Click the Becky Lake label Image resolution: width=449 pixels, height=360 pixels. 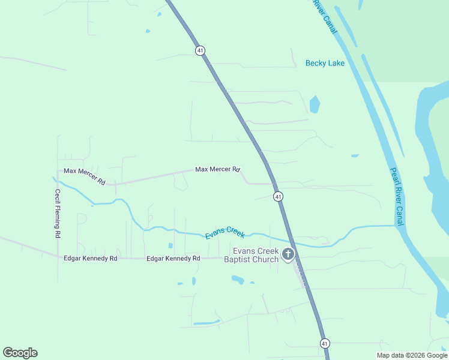tap(325, 63)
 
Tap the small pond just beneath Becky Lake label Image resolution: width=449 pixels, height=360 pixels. tap(315, 104)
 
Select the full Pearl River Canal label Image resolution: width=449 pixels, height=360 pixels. tap(397, 196)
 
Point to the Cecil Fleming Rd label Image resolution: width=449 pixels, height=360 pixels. tap(58, 214)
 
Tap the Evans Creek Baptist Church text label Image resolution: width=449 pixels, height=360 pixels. tap(252, 255)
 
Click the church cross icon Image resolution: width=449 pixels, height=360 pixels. tap(288, 255)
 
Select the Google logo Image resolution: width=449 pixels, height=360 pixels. tap(20, 353)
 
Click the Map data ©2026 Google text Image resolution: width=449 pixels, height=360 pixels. tap(412, 355)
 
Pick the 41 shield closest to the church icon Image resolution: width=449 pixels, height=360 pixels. tap(278, 196)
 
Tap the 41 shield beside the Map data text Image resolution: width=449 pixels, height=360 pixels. tap(325, 343)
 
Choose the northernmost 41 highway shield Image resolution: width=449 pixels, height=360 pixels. tap(200, 50)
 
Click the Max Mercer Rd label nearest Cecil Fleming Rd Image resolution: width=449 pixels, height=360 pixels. tap(85, 175)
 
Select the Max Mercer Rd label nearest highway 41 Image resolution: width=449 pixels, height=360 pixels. tap(217, 170)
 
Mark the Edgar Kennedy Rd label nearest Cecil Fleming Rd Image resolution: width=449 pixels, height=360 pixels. tap(90, 258)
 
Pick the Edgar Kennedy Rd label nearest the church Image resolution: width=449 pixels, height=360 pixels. tap(173, 258)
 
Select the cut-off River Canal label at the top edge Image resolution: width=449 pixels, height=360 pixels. tap(323, 15)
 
